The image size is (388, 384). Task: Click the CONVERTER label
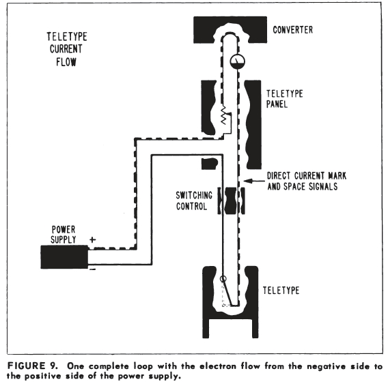point(293,30)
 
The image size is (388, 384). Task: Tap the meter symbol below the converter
point(237,61)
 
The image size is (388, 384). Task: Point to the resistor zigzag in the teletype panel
point(223,115)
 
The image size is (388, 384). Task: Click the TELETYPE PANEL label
point(285,99)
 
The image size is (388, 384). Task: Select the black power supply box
point(64,257)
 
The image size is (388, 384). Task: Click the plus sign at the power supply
point(92,239)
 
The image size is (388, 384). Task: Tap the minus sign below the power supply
point(92,269)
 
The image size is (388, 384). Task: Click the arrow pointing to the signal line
point(254,181)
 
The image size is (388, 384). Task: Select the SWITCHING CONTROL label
point(194,201)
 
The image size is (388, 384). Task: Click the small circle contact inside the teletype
point(223,279)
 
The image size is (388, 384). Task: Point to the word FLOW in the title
point(66,62)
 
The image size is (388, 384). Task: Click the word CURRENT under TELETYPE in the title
point(66,49)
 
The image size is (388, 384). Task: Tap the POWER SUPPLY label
point(64,235)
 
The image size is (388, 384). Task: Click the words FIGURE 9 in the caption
point(32,366)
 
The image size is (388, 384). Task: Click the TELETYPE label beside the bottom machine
point(281,291)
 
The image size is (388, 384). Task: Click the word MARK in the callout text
point(337,176)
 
